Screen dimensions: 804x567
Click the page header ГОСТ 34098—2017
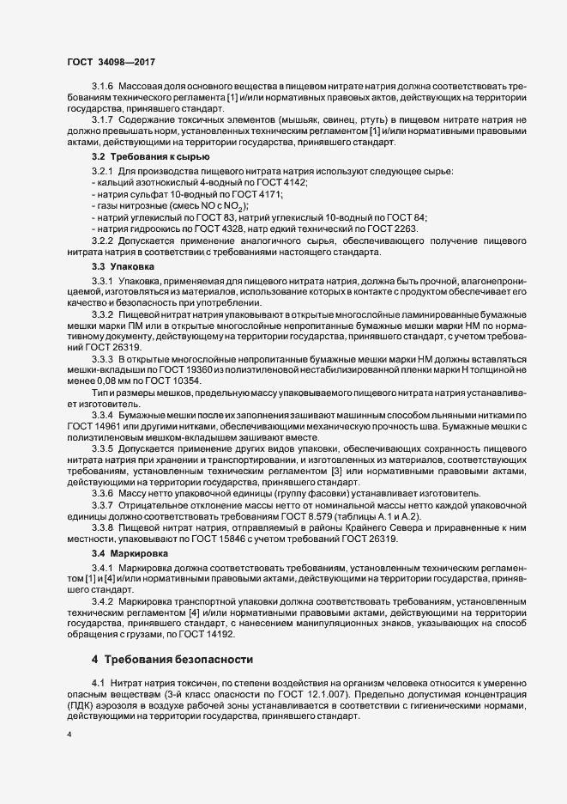click(x=110, y=62)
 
